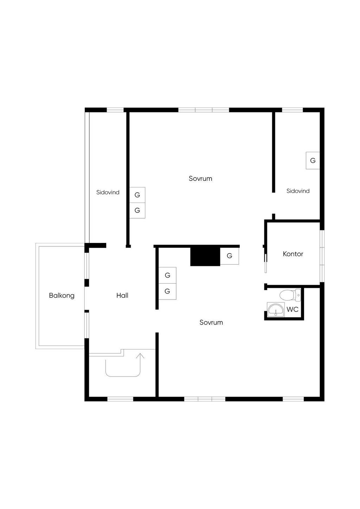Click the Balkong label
click(62, 296)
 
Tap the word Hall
click(122, 296)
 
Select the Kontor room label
click(293, 254)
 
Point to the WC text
click(292, 309)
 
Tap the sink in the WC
click(276, 310)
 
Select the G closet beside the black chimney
click(230, 256)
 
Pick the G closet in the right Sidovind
click(313, 161)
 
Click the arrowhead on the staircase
click(140, 356)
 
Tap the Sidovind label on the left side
click(108, 192)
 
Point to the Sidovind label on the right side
click(298, 191)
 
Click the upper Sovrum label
click(200, 179)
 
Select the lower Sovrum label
click(211, 322)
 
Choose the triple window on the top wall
click(204, 110)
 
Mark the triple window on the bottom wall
click(205, 399)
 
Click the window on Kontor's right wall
click(322, 256)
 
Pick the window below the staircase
click(120, 399)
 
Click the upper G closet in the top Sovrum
click(137, 195)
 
